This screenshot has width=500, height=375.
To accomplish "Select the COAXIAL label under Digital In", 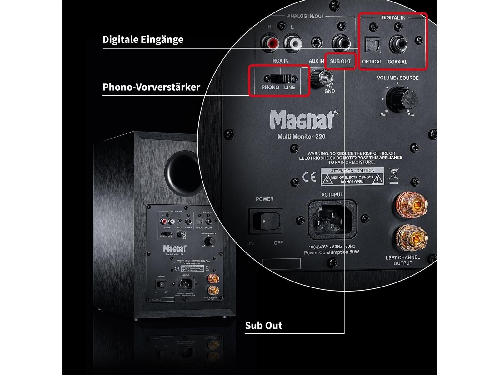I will coord(397,62).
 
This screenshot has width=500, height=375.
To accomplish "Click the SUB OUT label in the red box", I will coord(340,61).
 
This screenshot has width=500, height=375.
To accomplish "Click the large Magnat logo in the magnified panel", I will coord(302,120).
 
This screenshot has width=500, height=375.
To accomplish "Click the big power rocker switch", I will coord(265,221).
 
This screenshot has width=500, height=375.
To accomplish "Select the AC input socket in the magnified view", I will coord(332,219).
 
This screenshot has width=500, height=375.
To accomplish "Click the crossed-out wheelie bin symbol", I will coord(394,175).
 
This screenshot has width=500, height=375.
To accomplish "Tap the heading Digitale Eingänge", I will coord(143,40).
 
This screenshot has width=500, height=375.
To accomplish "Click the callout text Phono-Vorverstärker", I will coord(151,87).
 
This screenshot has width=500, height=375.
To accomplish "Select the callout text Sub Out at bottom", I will coord(263,326).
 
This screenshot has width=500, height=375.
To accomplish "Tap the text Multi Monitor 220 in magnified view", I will coord(301,137).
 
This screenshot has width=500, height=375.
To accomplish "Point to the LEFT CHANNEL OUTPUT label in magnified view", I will coord(402,260).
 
